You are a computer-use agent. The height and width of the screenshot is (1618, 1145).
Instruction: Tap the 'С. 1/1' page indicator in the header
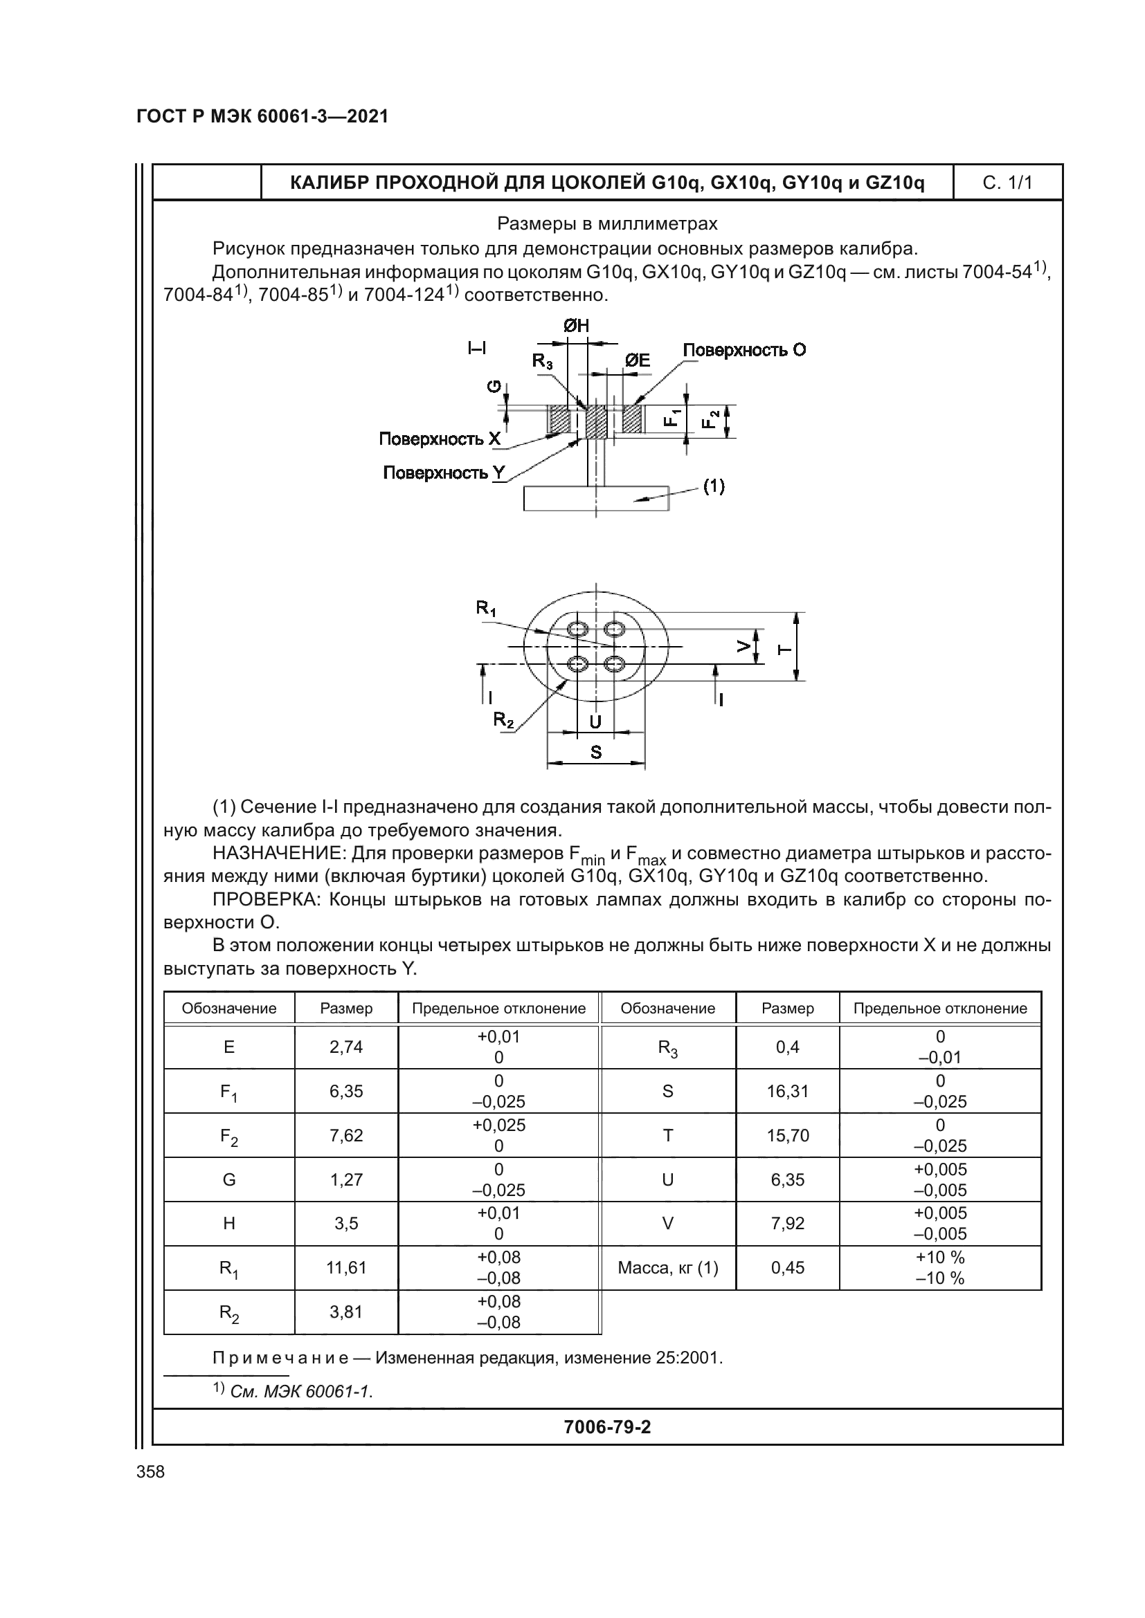(1007, 183)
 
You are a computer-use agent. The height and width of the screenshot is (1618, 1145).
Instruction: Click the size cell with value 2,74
(346, 1047)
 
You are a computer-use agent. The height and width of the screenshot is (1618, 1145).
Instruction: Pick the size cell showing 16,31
(788, 1092)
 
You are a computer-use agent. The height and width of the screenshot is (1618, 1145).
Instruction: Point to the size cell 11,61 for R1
(346, 1268)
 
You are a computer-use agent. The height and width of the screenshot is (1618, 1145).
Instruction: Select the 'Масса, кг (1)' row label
(667, 1268)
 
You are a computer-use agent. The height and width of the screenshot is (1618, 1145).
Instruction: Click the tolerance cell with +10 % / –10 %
(940, 1268)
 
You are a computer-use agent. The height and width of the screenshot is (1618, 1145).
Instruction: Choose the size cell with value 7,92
(788, 1224)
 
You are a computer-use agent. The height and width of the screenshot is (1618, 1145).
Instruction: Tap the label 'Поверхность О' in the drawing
(743, 350)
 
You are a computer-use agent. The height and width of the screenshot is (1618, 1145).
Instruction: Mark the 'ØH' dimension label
(576, 326)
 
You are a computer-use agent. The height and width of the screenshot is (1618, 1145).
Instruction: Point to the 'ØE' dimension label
(638, 361)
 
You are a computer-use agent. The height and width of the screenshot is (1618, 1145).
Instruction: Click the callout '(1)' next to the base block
(714, 486)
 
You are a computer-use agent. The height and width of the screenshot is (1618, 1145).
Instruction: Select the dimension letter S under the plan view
(596, 753)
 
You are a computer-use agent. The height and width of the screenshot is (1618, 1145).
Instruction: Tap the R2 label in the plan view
(503, 719)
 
